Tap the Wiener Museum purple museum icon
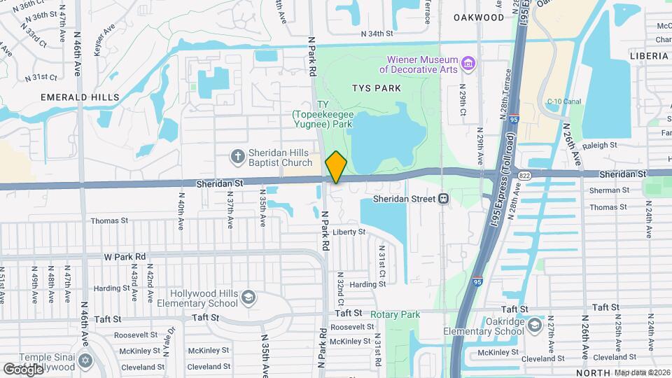tap(469, 64)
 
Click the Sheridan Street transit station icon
tap(444, 199)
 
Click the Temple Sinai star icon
tap(85, 360)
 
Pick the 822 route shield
tap(524, 174)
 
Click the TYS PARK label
tap(377, 88)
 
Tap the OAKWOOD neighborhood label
tap(479, 17)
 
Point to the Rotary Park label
tap(395, 314)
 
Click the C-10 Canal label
tap(564, 101)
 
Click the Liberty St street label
tap(349, 232)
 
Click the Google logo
tap(24, 368)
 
